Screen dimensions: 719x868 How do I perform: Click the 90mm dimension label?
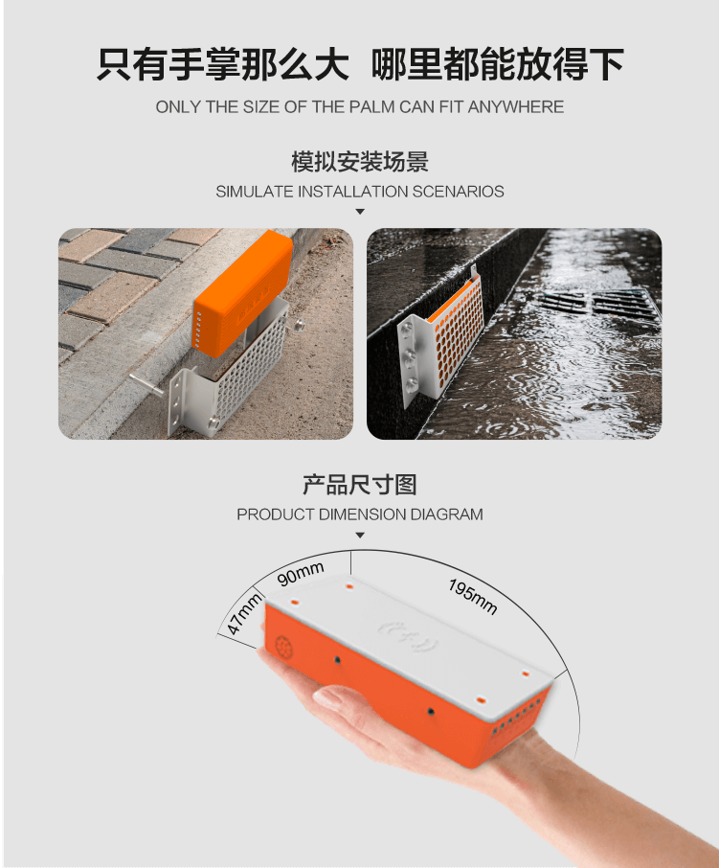tap(301, 574)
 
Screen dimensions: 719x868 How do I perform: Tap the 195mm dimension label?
tap(472, 597)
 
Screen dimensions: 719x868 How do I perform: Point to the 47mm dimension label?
tap(244, 613)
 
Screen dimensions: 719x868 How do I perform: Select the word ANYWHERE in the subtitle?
tap(516, 107)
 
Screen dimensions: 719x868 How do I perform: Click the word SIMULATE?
tap(255, 192)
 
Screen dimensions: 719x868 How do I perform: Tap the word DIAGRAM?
tap(446, 514)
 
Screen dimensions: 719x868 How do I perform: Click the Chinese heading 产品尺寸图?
tap(360, 485)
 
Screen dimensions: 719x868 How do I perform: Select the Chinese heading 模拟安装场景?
tap(360, 162)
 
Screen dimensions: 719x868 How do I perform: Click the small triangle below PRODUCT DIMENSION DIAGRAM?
tap(360, 536)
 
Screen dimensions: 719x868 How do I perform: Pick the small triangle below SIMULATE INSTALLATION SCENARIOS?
tap(360, 212)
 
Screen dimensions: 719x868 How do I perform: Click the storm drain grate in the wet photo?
tap(598, 305)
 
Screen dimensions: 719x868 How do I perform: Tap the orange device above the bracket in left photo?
tap(243, 293)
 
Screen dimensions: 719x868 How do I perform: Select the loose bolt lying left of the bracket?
tap(147, 384)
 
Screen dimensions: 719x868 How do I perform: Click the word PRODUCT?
tap(276, 514)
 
